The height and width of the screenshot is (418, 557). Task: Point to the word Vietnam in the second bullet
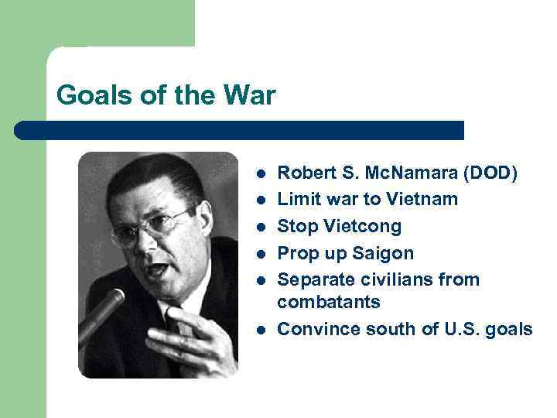tap(423, 199)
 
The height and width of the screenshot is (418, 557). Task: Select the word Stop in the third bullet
tap(296, 226)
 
